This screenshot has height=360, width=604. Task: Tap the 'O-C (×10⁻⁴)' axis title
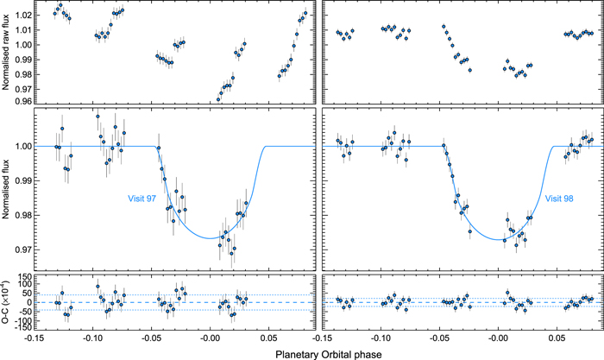tap(8, 302)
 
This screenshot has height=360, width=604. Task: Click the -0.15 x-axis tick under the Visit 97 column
tap(33, 340)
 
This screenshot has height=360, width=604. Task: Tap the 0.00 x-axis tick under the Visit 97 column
tap(210, 340)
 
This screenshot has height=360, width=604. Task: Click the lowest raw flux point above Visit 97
tap(218, 99)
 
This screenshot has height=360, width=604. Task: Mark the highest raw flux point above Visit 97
tap(60, 5)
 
